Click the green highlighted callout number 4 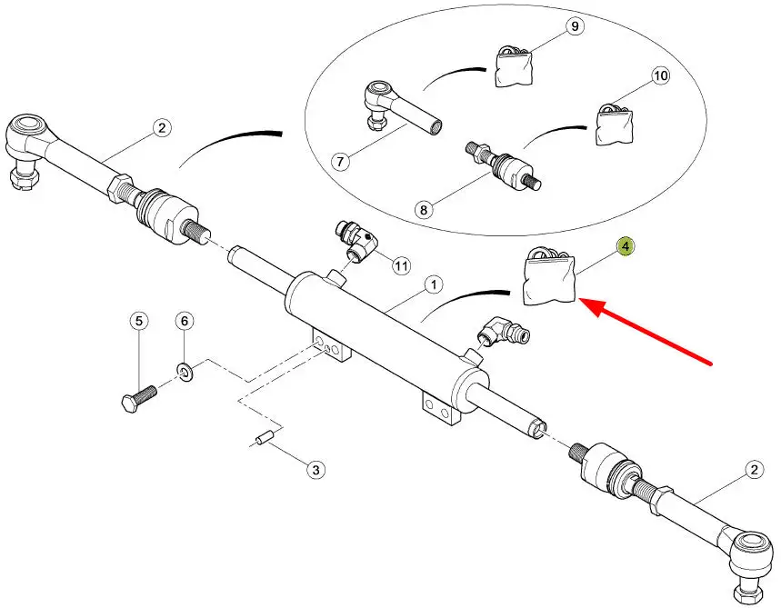(626, 246)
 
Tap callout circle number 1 (433, 285)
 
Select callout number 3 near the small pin (315, 470)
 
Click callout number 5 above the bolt (138, 321)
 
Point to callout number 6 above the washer (184, 321)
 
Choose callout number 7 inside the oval (339, 162)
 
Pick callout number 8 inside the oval (423, 210)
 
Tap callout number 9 (575, 26)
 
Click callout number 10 (659, 76)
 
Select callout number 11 (401, 265)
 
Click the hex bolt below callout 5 (138, 397)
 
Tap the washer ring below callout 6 (185, 370)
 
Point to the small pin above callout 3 (265, 440)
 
